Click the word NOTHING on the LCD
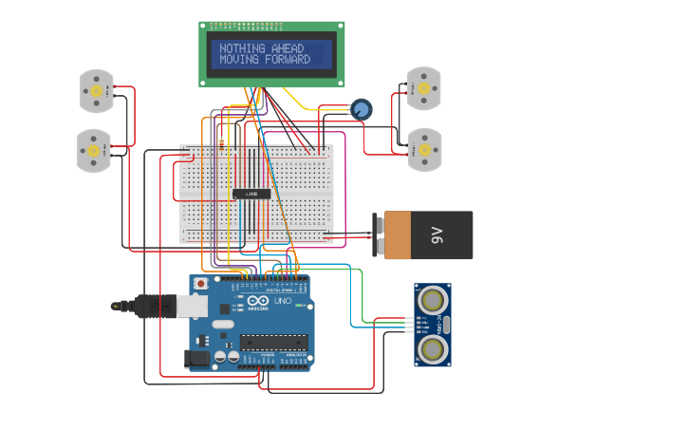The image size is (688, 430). point(242,48)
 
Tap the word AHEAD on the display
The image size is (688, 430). point(288,48)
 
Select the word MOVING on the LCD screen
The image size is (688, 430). point(239,60)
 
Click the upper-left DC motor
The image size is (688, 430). point(96,90)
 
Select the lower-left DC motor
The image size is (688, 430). point(94,151)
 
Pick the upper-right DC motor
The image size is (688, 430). point(423,88)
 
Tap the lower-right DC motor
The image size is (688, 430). point(424,149)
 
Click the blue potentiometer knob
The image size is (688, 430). point(361,109)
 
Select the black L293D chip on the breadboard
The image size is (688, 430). point(251,194)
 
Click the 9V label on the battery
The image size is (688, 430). point(437,234)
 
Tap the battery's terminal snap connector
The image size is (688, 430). point(380,235)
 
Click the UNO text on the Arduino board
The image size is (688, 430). point(282,301)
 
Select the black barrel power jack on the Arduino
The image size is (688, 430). point(196,359)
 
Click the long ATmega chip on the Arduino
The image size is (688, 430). point(273,342)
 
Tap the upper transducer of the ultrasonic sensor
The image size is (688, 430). point(433,301)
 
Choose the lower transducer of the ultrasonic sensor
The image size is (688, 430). point(433,349)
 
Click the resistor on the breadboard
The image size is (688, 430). point(221,143)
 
